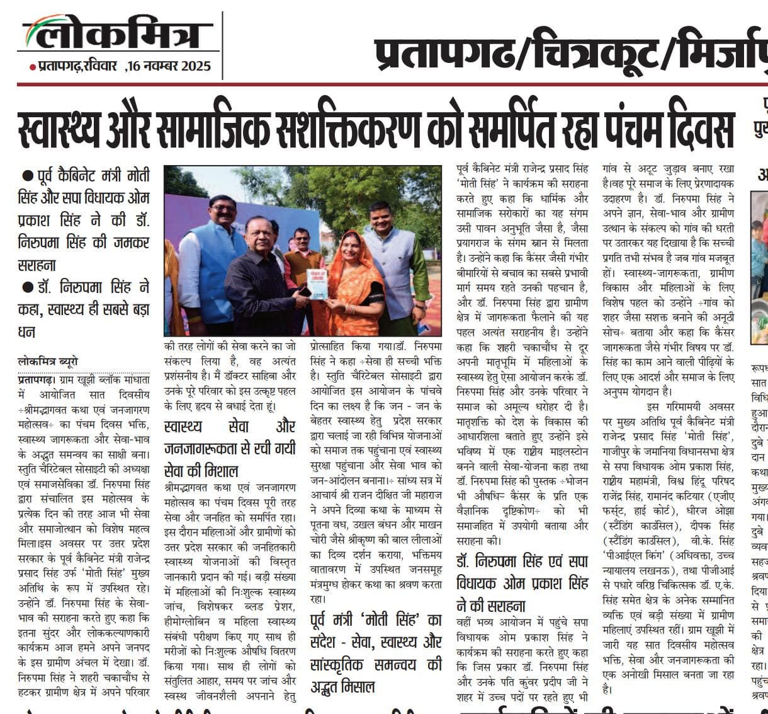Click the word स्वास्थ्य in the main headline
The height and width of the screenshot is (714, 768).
(x=62, y=130)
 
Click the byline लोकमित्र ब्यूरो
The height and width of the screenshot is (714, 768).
(x=48, y=362)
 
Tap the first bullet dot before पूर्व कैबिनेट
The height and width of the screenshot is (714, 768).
(x=26, y=175)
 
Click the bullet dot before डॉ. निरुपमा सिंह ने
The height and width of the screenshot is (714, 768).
(x=26, y=287)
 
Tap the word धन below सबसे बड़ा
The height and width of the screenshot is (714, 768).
(x=26, y=331)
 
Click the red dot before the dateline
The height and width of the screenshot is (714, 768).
(x=33, y=67)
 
